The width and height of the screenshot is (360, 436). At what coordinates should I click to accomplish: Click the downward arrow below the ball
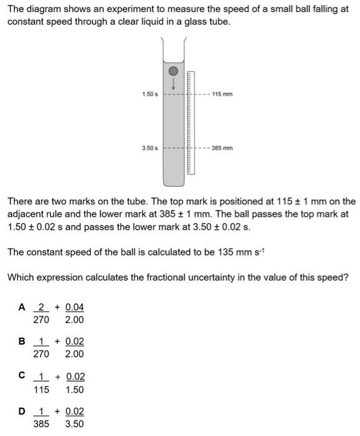point(174,83)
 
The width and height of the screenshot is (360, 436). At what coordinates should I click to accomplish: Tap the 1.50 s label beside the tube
point(149,94)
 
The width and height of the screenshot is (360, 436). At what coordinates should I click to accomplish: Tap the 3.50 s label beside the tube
point(149,148)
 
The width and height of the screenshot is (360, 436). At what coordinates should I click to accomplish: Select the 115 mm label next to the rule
point(222,94)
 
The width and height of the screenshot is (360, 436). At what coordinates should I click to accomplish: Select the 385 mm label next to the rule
point(222,148)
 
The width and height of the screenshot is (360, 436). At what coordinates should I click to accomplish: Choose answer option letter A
point(22,307)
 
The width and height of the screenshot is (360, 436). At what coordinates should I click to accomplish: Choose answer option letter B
point(22,341)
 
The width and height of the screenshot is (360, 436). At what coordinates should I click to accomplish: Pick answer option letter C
point(22,376)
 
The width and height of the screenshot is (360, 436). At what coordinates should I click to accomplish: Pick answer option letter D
point(22,411)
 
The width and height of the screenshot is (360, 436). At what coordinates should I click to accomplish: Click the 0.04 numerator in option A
point(74,307)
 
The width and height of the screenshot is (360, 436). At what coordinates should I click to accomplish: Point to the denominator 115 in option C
point(40,389)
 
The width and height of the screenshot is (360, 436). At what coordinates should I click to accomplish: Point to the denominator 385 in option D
point(40,424)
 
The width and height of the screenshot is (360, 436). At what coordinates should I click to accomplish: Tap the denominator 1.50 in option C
point(74,389)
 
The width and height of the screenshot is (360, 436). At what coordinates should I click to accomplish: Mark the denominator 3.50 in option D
point(74,424)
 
